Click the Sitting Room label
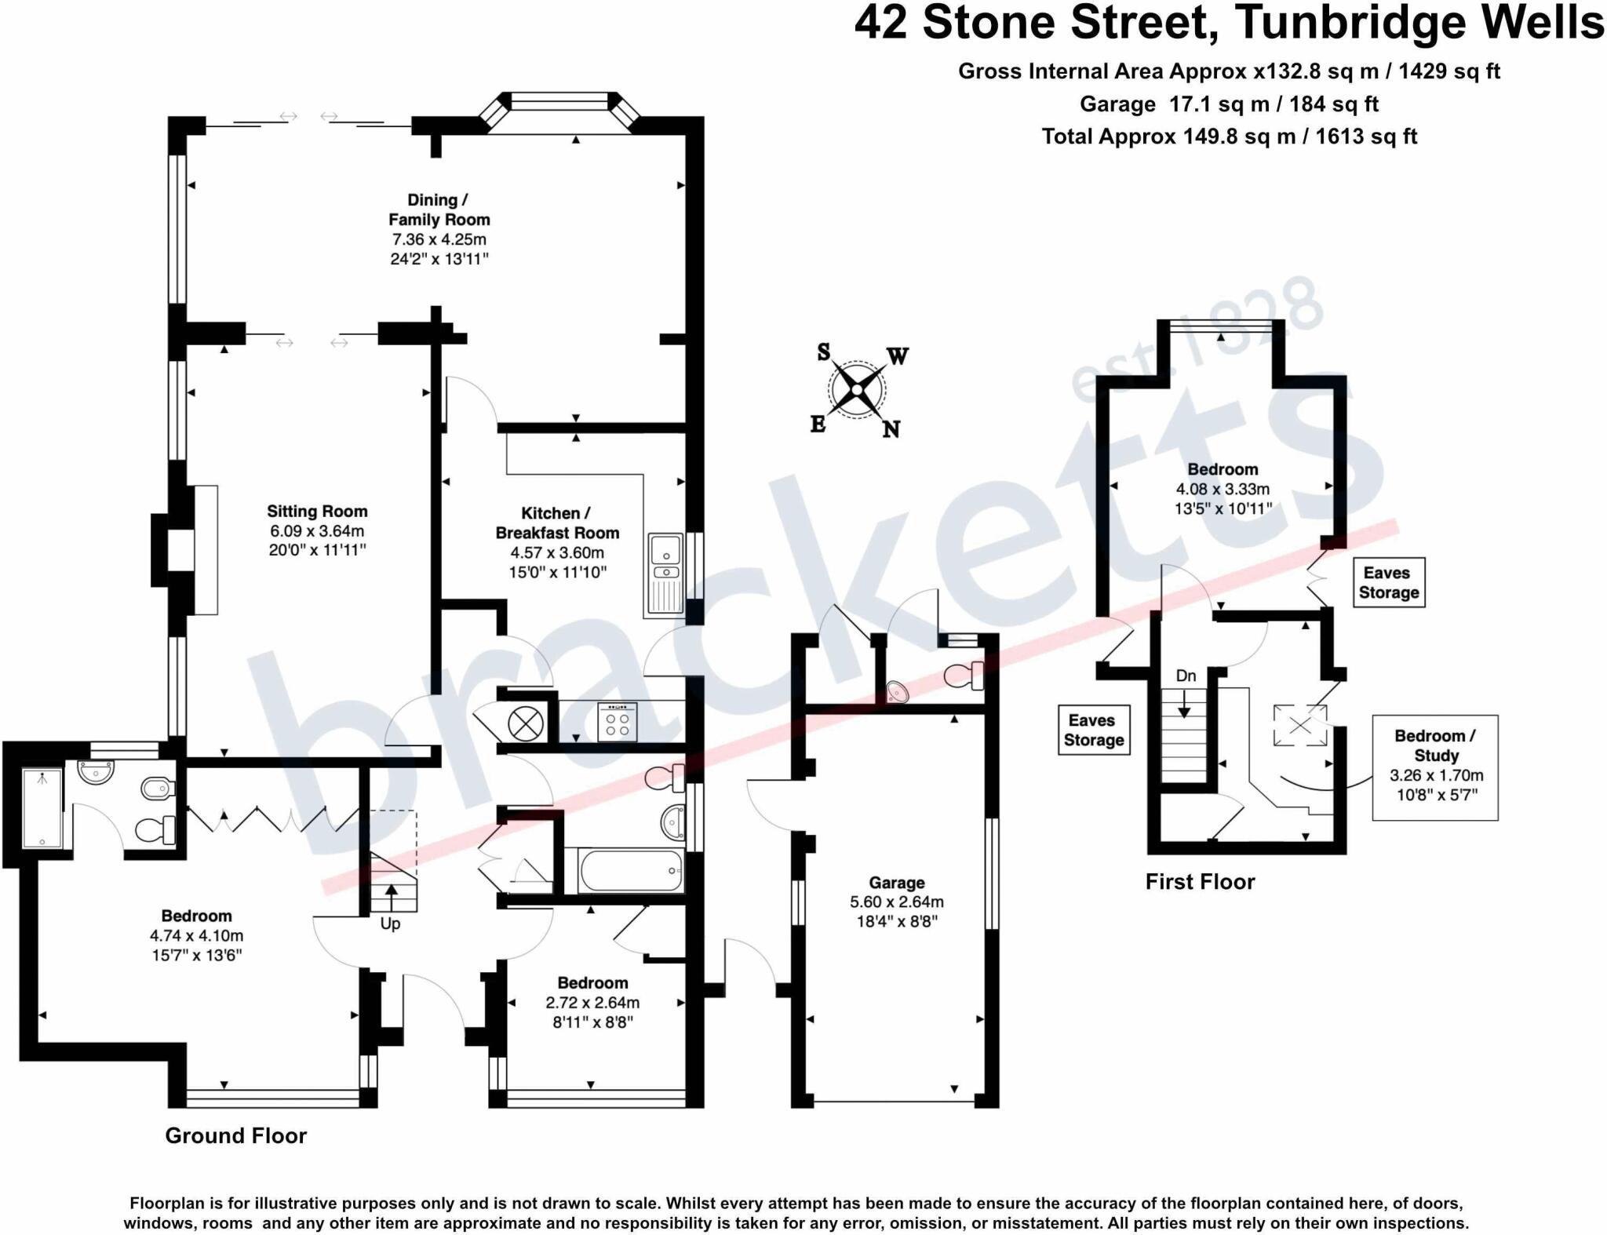click(x=317, y=512)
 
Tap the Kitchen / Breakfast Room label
click(x=557, y=523)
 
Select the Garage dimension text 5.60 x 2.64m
click(x=897, y=902)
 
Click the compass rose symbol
click(x=857, y=390)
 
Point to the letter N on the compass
click(x=891, y=429)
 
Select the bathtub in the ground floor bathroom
click(x=630, y=870)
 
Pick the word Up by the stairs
click(x=390, y=924)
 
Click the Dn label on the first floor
click(x=1186, y=676)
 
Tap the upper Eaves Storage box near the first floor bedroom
click(x=1388, y=583)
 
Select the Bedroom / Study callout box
click(x=1435, y=767)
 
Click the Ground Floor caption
click(x=235, y=1135)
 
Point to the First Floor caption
click(x=1200, y=882)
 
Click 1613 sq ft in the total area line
click(x=1366, y=137)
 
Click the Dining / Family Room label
click(x=439, y=209)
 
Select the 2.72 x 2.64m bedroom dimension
click(x=592, y=1003)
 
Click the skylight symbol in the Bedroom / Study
click(x=1300, y=726)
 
